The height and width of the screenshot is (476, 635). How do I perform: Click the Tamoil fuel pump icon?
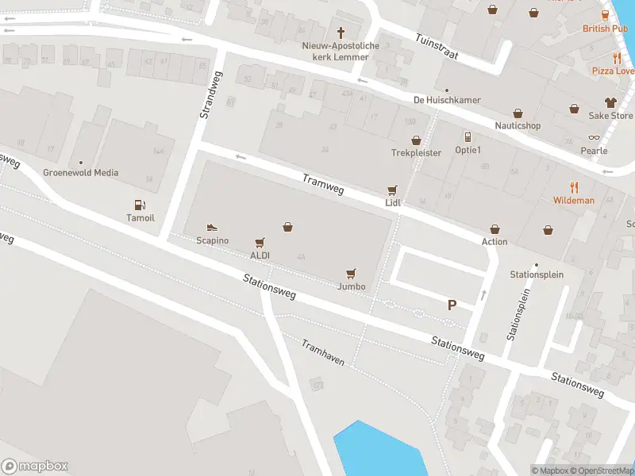pos(140,205)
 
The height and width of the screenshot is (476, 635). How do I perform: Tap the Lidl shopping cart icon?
pos(391,190)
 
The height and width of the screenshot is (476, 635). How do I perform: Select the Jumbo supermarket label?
pos(351,286)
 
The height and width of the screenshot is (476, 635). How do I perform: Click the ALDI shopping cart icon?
pos(260,243)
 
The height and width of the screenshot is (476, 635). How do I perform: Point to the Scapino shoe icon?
pos(212,228)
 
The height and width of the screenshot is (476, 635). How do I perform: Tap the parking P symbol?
pos(452,305)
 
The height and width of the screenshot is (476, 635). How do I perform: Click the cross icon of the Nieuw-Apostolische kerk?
pos(342,33)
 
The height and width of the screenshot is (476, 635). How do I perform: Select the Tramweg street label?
pos(323,184)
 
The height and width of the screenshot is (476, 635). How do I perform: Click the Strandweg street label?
pos(208,94)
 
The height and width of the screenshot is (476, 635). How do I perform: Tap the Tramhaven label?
pos(323,352)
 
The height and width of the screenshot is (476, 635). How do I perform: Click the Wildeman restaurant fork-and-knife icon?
pos(574,188)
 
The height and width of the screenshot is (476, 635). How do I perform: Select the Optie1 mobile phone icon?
pos(468,137)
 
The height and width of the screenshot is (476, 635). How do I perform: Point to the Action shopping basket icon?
pos(495,229)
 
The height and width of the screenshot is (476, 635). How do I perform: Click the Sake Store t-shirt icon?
pos(610,102)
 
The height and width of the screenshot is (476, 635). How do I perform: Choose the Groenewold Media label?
pos(81,172)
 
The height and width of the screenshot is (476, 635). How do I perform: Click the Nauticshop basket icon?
pos(518,113)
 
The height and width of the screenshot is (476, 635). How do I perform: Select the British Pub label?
pos(606,29)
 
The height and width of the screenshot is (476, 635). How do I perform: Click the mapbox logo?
pos(35,466)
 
